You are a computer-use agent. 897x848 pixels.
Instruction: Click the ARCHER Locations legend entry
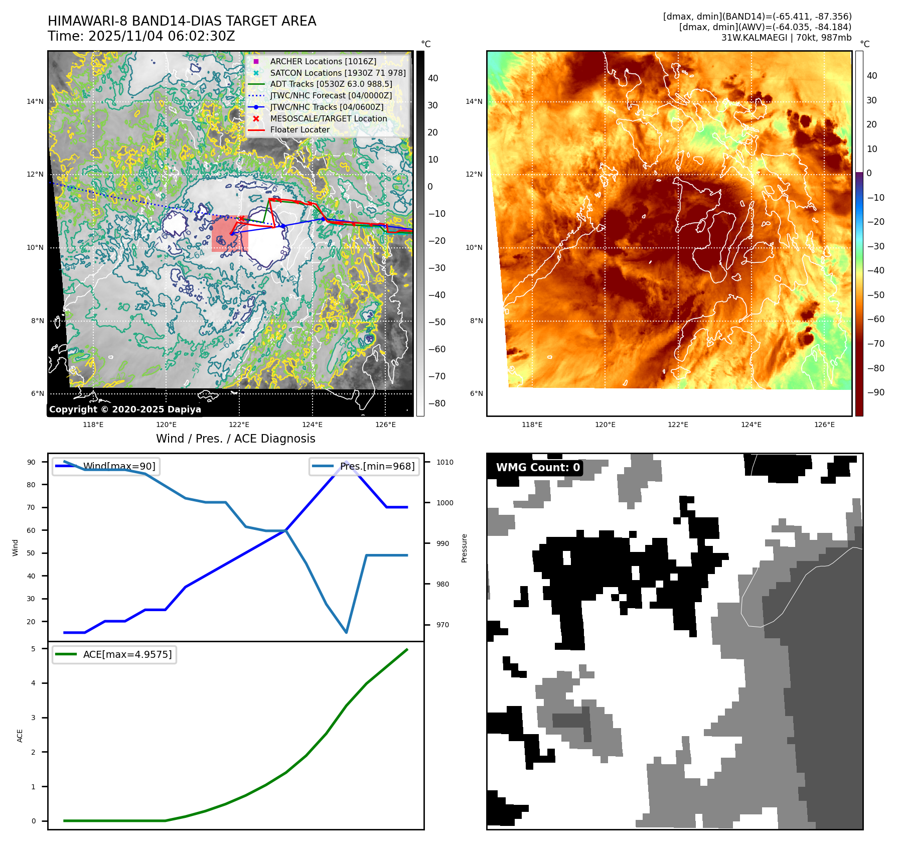pos(323,61)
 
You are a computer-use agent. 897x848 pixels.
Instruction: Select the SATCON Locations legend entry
pos(338,73)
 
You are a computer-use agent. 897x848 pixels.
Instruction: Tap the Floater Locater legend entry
pos(300,129)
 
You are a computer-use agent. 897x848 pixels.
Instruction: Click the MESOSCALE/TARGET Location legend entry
pos(328,118)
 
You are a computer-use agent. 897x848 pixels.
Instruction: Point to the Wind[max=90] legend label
pos(119,466)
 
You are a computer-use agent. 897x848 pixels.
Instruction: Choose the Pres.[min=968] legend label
pos(377,466)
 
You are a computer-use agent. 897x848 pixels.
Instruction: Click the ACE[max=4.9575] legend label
pos(127,654)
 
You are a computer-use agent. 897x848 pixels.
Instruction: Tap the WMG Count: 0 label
pos(538,468)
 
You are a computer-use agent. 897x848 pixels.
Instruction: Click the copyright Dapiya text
pos(125,409)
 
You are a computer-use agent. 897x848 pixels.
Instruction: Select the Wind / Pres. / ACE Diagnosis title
pos(236,439)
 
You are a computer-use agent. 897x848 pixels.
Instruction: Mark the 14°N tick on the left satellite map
pos(35,102)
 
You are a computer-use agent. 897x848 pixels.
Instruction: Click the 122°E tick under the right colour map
pos(678,425)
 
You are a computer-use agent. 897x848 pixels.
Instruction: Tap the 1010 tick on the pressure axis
pos(444,462)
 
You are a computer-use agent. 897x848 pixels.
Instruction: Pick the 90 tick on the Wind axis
pos(31,462)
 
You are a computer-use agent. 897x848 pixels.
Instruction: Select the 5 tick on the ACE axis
pos(33,649)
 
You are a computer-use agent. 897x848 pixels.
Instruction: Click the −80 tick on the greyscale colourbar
pos(436,403)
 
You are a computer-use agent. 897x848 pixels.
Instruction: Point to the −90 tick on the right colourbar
pos(875,392)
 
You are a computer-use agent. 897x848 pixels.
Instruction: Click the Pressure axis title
pos(465,548)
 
